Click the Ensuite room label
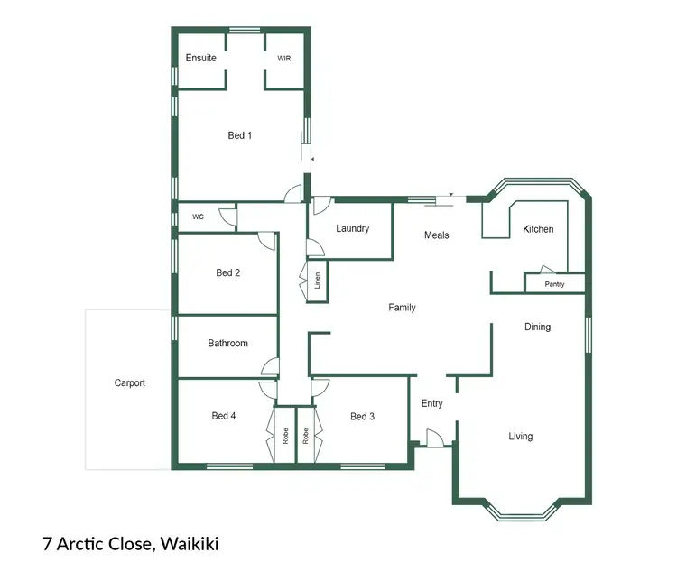click(x=200, y=58)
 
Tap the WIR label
click(x=284, y=58)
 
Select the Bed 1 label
click(x=239, y=135)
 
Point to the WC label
click(x=198, y=217)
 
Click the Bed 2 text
click(x=227, y=272)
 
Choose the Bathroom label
click(x=227, y=343)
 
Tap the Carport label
click(x=129, y=382)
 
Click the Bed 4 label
click(x=224, y=416)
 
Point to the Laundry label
click(x=352, y=228)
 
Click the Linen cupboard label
click(x=318, y=281)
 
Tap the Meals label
click(x=437, y=235)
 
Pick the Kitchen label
click(x=538, y=229)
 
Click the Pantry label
click(x=555, y=284)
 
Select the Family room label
click(x=402, y=308)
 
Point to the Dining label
click(x=537, y=327)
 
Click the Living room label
click(x=520, y=437)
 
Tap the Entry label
click(x=432, y=403)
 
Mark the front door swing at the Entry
click(x=433, y=438)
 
